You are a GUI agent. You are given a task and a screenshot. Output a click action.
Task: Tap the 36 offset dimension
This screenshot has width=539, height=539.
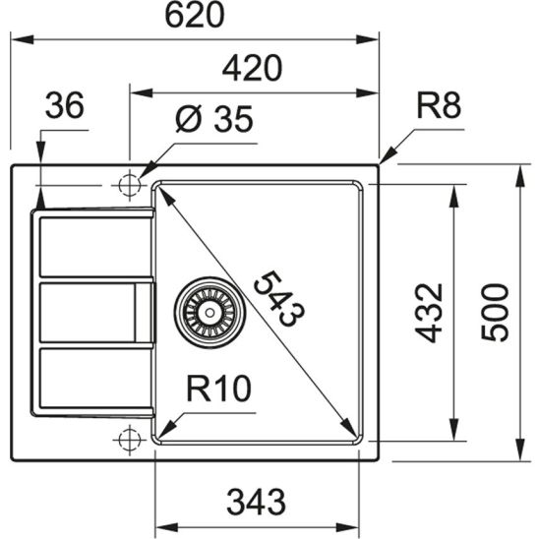click(66, 105)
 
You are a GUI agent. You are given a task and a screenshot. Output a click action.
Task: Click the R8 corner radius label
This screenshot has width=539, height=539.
click(438, 105)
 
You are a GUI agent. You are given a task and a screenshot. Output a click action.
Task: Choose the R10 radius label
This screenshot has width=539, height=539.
click(218, 390)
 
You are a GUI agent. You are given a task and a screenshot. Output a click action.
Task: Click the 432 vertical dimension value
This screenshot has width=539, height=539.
click(430, 312)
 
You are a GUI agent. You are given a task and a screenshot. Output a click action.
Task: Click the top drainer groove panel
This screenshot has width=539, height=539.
click(93, 247)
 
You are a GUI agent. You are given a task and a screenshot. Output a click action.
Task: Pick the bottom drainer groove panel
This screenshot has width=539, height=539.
click(93, 379)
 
